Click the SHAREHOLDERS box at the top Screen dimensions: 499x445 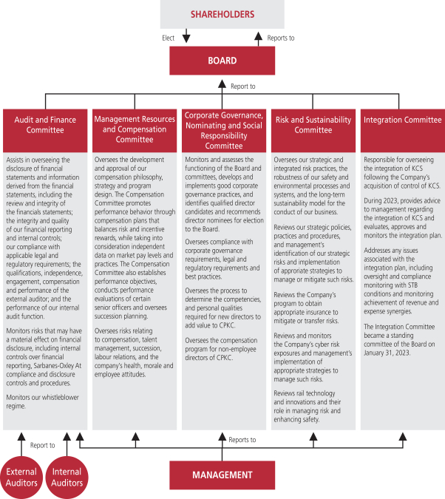click(222, 14)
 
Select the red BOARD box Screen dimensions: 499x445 click(222, 61)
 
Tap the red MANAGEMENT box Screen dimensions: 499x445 click(222, 475)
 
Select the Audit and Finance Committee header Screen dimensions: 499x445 click(44, 125)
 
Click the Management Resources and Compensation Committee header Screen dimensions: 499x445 click(134, 129)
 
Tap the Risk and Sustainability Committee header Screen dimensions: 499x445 click(313, 125)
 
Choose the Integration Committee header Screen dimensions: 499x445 click(402, 120)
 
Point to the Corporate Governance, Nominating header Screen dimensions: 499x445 click(223, 130)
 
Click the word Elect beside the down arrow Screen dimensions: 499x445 click(169, 37)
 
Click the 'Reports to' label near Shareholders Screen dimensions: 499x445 click(281, 37)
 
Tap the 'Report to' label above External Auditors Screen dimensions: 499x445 click(42, 445)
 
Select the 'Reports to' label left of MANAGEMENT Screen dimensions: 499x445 click(242, 440)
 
